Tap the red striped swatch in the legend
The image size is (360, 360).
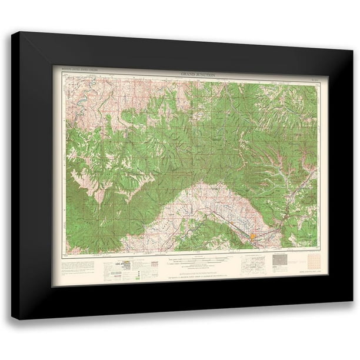(155, 264)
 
